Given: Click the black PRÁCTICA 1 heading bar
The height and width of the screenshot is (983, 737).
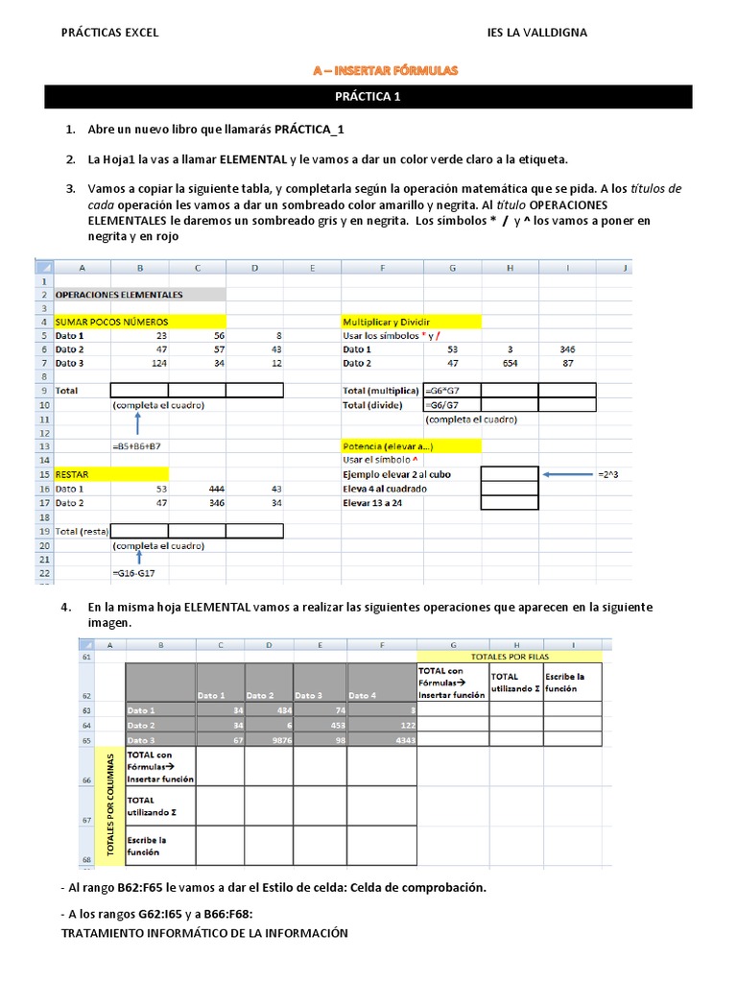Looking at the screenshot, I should point(368,96).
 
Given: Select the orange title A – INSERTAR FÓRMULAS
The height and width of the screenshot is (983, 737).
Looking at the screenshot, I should point(386,70).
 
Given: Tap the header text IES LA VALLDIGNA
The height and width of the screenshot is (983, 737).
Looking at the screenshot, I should point(537,33).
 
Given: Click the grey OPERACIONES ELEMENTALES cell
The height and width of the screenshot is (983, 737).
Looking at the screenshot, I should point(139,295).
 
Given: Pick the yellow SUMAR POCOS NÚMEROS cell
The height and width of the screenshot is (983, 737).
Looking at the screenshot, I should point(139,322).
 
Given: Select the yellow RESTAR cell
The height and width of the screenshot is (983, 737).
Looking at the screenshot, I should point(110,474).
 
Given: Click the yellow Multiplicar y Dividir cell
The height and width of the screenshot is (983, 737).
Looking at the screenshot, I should point(411,322).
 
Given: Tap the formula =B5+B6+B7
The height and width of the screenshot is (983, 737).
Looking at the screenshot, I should point(138,446).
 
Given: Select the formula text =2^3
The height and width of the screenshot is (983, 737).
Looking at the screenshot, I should point(608,474).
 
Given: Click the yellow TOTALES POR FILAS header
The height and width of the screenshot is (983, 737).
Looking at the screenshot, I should point(511,656).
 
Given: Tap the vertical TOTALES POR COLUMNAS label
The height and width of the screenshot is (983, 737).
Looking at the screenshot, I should point(110,804).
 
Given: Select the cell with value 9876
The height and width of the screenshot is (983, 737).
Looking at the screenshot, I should point(268,739).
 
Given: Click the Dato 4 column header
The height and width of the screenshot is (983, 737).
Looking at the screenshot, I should point(362,695).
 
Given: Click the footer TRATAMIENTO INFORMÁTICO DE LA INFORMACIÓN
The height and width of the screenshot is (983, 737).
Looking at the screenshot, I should point(204,933).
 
